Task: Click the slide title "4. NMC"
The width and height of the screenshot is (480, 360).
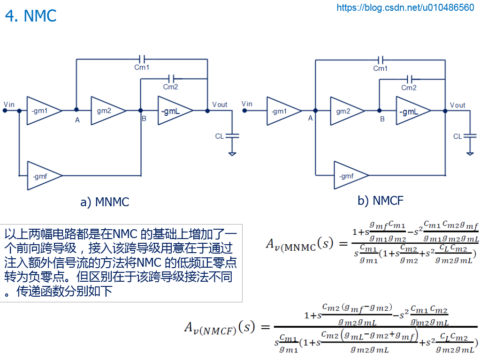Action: [x=30, y=16]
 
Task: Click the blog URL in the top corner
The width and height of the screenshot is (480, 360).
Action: [x=405, y=7]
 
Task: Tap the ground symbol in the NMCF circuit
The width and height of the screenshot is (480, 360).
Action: [x=470, y=152]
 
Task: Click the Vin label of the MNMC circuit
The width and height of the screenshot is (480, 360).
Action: [x=9, y=104]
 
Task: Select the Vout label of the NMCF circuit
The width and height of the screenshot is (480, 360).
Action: [x=457, y=105]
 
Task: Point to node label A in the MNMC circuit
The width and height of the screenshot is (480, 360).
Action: [x=77, y=120]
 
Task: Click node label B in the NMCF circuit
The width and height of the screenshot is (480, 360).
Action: [x=382, y=119]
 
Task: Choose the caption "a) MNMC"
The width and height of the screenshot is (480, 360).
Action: [x=105, y=202]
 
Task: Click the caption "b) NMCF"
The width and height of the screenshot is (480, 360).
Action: [x=381, y=201]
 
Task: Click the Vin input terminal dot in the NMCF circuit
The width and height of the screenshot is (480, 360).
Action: [x=244, y=111]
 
